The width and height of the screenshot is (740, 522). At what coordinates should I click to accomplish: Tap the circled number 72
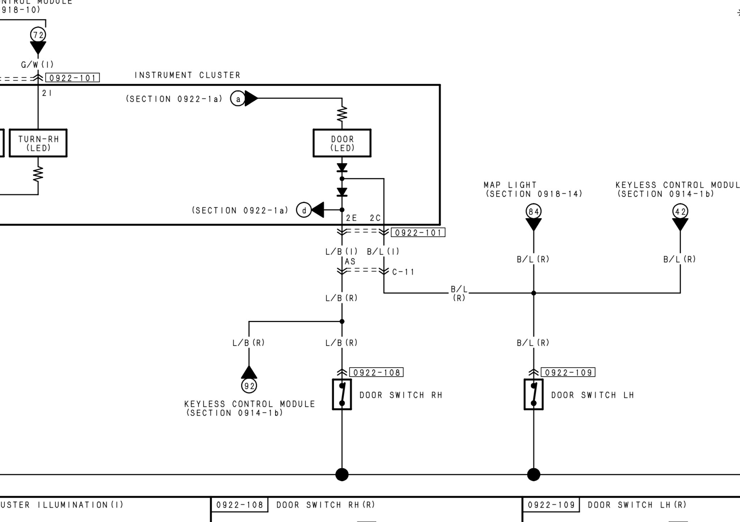click(38, 35)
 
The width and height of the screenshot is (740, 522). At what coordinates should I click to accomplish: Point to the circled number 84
click(534, 212)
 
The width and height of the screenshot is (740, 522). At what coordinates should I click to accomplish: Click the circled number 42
click(680, 212)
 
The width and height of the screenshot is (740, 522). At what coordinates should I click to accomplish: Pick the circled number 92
click(249, 386)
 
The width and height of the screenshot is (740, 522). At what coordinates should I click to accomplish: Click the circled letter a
click(238, 99)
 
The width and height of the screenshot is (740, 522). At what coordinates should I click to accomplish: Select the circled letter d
click(304, 210)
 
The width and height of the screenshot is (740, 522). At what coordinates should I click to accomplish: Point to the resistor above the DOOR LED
click(342, 114)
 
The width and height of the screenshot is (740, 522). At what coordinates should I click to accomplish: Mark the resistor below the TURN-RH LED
click(38, 174)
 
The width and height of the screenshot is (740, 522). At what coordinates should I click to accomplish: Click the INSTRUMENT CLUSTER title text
click(187, 75)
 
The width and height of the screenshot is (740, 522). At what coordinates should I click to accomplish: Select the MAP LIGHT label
click(510, 185)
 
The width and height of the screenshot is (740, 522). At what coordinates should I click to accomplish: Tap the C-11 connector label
click(403, 272)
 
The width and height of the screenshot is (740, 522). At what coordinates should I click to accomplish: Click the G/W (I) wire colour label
click(38, 65)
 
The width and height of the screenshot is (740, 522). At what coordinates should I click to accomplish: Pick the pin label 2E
click(351, 218)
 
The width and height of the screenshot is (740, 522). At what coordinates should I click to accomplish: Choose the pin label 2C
click(375, 218)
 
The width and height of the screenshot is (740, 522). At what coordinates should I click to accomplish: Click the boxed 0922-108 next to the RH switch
click(377, 373)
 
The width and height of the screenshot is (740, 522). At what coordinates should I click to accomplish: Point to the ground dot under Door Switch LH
click(534, 474)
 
